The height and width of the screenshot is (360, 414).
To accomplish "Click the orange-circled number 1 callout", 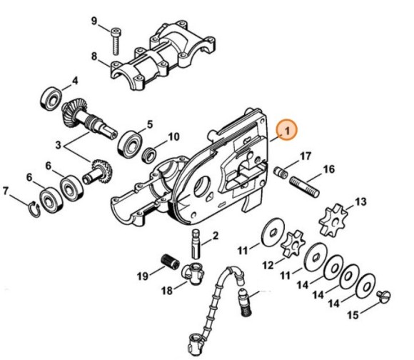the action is pos(287,130).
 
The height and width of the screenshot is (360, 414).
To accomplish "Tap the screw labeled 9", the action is pos(115,41).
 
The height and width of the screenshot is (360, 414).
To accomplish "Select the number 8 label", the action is pos(94,56).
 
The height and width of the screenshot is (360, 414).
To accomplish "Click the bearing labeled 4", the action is pos(51,98).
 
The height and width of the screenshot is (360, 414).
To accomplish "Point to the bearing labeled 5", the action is pos(131,144).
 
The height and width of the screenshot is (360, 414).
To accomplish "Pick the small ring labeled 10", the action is pos(148,155).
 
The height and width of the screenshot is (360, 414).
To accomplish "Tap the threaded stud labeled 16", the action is pos(304,187).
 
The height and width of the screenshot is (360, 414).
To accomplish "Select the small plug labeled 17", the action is pos(281,172).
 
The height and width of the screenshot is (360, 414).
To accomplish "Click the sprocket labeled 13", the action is pos(332,220).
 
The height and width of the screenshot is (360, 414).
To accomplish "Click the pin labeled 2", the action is pos(196,244).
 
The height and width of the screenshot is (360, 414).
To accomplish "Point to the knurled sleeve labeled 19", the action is pos(171,261).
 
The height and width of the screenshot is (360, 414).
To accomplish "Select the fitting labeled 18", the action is pos(193,274).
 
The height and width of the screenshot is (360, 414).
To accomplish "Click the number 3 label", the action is pos(59,145).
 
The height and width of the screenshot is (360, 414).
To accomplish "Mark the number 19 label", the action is pos(143,276).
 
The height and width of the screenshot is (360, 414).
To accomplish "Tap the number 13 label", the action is pos(360,201).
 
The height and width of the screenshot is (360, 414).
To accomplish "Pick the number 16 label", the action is pos(329,169).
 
